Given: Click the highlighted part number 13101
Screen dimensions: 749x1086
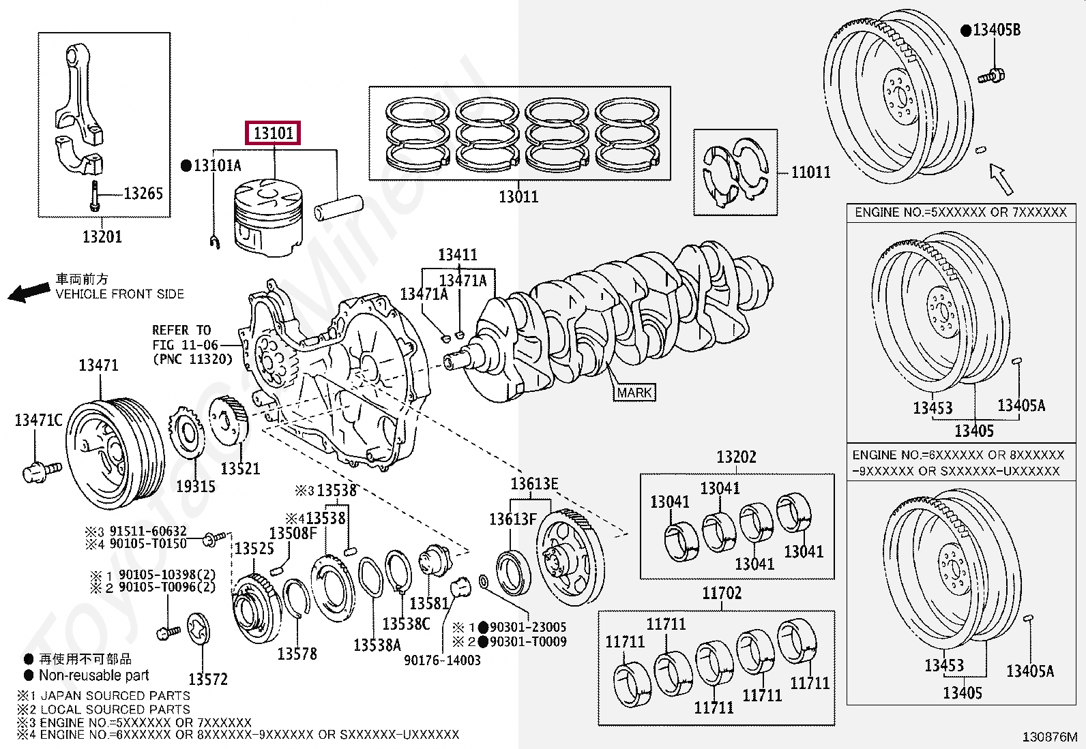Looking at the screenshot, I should coord(273,133).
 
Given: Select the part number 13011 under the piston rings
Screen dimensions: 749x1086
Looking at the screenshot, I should coord(518,197).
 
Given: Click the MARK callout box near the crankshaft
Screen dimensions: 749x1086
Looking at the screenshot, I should coord(634,393).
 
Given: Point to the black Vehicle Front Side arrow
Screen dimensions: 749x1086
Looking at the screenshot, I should coord(28,292).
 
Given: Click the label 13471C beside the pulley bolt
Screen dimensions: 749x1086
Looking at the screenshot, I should coord(38,421).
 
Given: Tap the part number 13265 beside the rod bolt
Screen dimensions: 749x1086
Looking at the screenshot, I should coord(143,194).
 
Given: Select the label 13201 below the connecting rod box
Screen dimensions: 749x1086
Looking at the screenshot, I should coord(102,236).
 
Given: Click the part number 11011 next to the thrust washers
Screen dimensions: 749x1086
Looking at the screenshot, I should coord(810,172).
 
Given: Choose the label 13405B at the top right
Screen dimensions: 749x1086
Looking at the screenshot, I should coord(996,30).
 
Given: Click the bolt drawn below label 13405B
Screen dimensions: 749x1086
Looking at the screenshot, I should coord(991,76).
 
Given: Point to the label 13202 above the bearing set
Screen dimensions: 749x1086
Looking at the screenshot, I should coord(736,457).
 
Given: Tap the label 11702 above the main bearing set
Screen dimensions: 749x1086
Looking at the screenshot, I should coord(722,594).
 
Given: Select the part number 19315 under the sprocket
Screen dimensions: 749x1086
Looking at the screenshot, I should coord(196,487).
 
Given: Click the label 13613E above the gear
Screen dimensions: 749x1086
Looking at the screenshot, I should coord(534,484).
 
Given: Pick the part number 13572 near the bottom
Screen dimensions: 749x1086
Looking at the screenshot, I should coord(208,679).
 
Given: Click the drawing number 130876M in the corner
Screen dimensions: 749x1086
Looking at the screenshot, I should coord(1049,737).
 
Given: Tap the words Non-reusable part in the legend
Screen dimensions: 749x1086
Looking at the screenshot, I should coord(94,675).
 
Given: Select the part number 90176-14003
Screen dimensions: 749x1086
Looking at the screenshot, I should coord(442,660).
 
